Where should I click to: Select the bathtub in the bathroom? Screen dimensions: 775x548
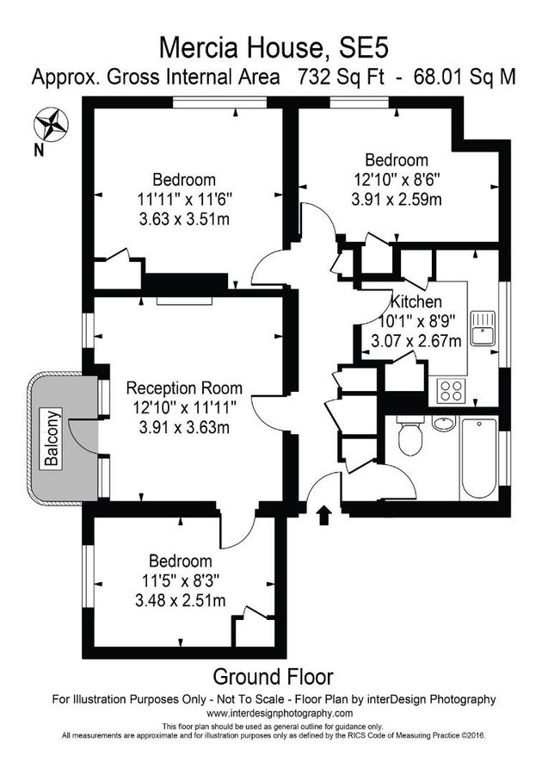pyautogui.click(x=478, y=457)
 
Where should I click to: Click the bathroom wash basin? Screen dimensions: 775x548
pyautogui.click(x=444, y=423)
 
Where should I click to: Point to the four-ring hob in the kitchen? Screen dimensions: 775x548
pyautogui.click(x=452, y=391)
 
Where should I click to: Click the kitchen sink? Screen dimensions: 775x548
pyautogui.click(x=484, y=326)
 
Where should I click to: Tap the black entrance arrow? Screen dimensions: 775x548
pyautogui.click(x=324, y=515)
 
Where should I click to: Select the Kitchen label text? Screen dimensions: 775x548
pyautogui.click(x=416, y=302)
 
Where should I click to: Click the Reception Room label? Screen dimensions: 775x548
pyautogui.click(x=184, y=388)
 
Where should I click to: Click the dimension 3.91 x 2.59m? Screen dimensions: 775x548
pyautogui.click(x=397, y=200)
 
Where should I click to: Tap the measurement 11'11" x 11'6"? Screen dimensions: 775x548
pyautogui.click(x=184, y=200)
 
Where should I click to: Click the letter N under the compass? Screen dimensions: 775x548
pyautogui.click(x=38, y=151)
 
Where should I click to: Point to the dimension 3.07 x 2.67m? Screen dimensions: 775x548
pyautogui.click(x=416, y=341)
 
